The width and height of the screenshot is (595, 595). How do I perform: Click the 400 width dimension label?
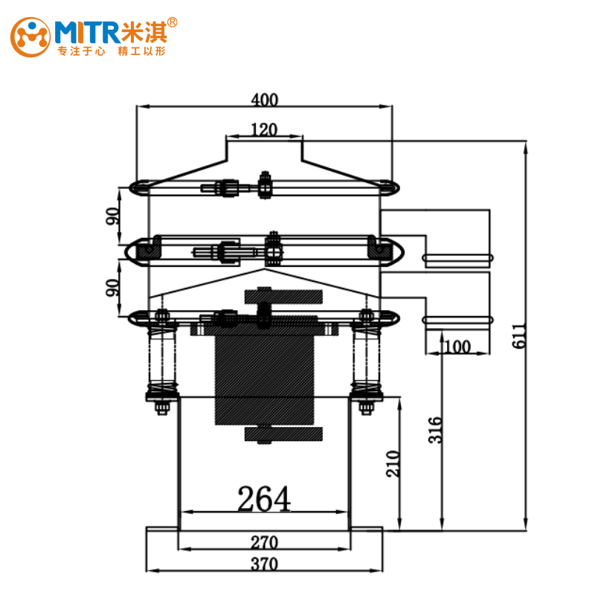(265, 100)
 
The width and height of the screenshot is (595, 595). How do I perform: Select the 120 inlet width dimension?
(265, 129)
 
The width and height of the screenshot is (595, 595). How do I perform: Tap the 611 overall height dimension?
(519, 336)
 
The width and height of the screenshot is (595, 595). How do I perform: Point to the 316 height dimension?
(435, 430)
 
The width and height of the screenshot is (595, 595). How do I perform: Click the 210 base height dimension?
(393, 463)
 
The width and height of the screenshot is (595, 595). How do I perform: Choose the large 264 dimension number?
(264, 498)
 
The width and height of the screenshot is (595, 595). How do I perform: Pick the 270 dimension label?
(265, 542)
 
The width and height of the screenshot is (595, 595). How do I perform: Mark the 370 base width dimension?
(265, 564)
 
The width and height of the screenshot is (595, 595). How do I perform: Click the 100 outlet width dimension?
(457, 347)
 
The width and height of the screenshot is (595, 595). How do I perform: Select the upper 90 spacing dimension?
(112, 216)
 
